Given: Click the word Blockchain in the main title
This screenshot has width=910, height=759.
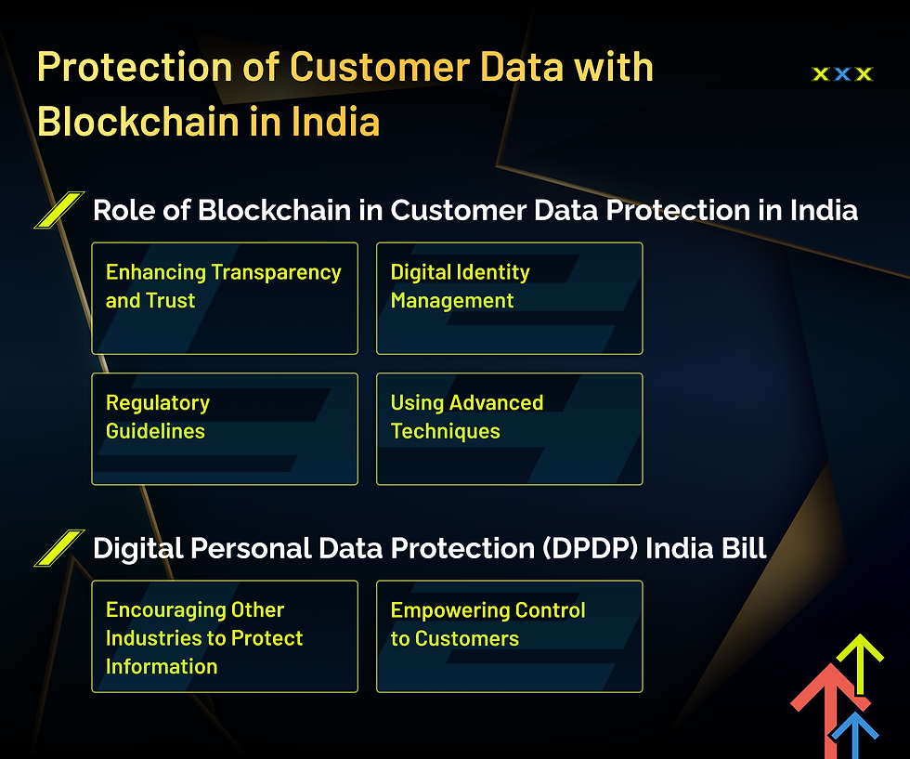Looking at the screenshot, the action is pos(138,122).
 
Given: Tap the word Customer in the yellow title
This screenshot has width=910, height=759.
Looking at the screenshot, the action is pos(380,67).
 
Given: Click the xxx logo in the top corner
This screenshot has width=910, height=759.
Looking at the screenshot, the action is pos(842,73).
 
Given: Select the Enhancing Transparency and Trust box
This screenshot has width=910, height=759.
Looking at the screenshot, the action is pos(225,298).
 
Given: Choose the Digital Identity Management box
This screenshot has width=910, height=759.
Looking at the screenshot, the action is pos(510,298).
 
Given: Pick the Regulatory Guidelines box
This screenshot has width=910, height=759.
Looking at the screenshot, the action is pos(225,428).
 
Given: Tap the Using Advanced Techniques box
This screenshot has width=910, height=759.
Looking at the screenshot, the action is pos(510,428).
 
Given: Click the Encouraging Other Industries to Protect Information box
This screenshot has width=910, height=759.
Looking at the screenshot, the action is pos(225,636).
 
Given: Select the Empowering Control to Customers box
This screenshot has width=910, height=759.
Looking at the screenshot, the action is pos(510,636).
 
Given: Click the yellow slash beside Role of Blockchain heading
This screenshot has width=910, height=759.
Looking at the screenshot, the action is pos(59,210).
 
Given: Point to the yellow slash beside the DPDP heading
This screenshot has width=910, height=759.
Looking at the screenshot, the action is pos(59,547).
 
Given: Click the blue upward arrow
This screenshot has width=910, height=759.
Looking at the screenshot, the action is pos(854,735).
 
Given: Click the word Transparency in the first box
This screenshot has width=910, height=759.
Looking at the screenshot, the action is pos(276,273).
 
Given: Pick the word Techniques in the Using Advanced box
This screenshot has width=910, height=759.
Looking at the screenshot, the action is pos(445,431).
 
